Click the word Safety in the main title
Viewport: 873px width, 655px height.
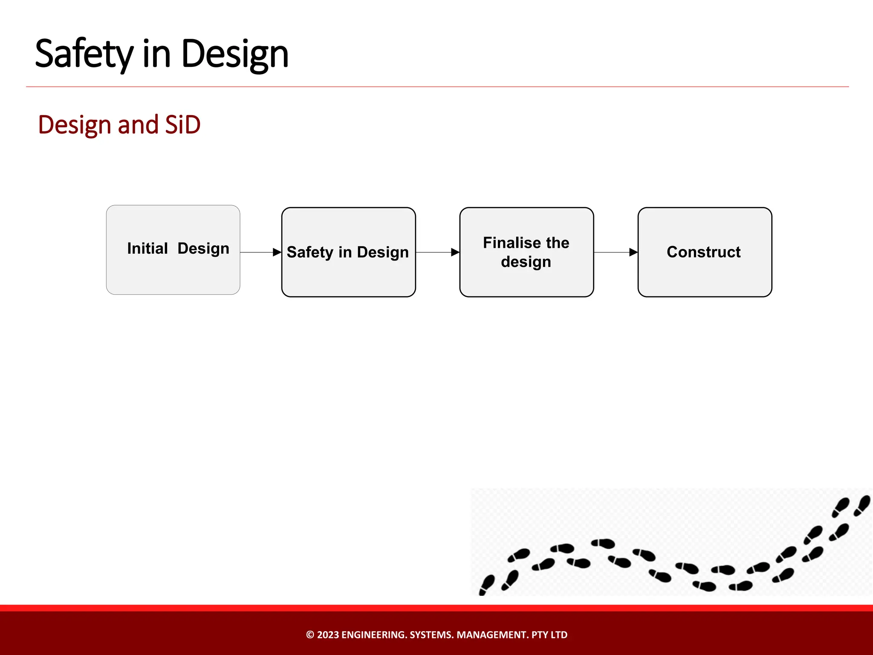[84, 54]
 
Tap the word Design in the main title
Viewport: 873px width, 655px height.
[235, 54]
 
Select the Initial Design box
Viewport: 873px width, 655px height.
[173, 273]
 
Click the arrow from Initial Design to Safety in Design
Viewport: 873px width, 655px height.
[260, 252]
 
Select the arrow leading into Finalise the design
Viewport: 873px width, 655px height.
[437, 252]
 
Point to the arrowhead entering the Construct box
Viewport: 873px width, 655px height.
[633, 252]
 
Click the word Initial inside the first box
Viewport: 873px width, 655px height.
[147, 248]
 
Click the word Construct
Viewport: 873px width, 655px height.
[703, 252]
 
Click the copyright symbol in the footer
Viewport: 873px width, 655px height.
[310, 635]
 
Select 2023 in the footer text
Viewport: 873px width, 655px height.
[328, 635]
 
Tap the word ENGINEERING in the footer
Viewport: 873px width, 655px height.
[374, 635]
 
